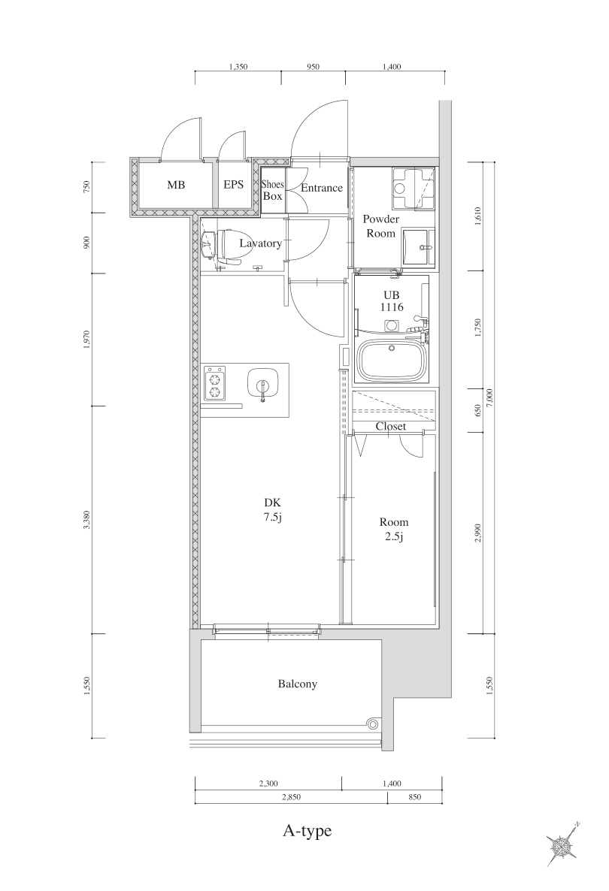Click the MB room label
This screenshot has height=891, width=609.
click(x=176, y=185)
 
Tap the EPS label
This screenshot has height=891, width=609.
click(x=233, y=185)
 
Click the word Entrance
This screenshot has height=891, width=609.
click(x=322, y=188)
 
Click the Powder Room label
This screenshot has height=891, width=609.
click(x=380, y=226)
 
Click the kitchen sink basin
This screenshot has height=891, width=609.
click(x=262, y=383)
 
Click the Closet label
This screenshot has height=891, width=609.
click(x=390, y=426)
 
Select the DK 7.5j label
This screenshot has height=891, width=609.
click(x=272, y=509)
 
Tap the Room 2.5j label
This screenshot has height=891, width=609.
click(x=393, y=529)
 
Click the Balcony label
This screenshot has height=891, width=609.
click(x=297, y=684)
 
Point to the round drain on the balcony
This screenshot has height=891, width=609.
click(x=372, y=724)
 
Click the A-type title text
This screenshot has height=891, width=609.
click(x=307, y=831)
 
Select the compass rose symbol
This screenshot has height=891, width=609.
click(x=562, y=844)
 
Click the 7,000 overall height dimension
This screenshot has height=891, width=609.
click(x=490, y=397)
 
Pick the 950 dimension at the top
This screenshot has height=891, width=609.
click(x=313, y=67)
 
